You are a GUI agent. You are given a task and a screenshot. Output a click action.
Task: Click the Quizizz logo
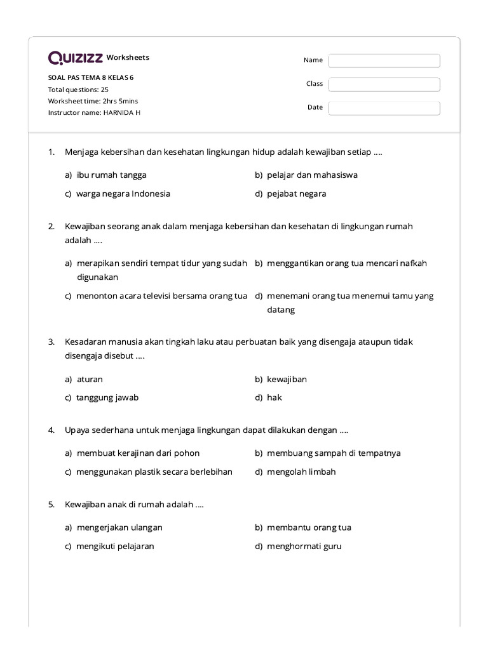(76, 58)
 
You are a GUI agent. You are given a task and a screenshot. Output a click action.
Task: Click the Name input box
(384, 60)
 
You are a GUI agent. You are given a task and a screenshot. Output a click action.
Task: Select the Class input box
(384, 84)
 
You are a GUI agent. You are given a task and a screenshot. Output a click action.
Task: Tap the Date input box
(384, 108)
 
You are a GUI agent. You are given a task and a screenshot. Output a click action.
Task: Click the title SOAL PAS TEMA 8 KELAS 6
(91, 77)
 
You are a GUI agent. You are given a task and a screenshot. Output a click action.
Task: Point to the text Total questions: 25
(78, 90)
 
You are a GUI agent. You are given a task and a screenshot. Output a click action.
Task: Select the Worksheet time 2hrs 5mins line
(93, 101)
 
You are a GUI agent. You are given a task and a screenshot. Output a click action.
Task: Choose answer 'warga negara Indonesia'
(123, 194)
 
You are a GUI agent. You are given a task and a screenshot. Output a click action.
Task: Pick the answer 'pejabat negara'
(296, 194)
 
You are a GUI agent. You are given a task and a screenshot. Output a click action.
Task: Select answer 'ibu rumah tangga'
(111, 175)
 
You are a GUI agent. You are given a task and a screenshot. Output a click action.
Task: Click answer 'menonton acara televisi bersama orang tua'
(161, 296)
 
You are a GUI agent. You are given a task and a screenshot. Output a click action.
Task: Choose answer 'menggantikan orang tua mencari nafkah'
(347, 263)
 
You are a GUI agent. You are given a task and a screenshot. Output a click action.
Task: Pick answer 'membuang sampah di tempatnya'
(334, 453)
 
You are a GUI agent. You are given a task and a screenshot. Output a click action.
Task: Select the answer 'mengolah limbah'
(301, 472)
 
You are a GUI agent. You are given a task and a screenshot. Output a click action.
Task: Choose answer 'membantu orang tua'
(309, 527)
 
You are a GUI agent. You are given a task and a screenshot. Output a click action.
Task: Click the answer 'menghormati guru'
(304, 546)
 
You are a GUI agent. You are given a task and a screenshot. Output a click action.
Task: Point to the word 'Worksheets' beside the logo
(128, 58)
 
